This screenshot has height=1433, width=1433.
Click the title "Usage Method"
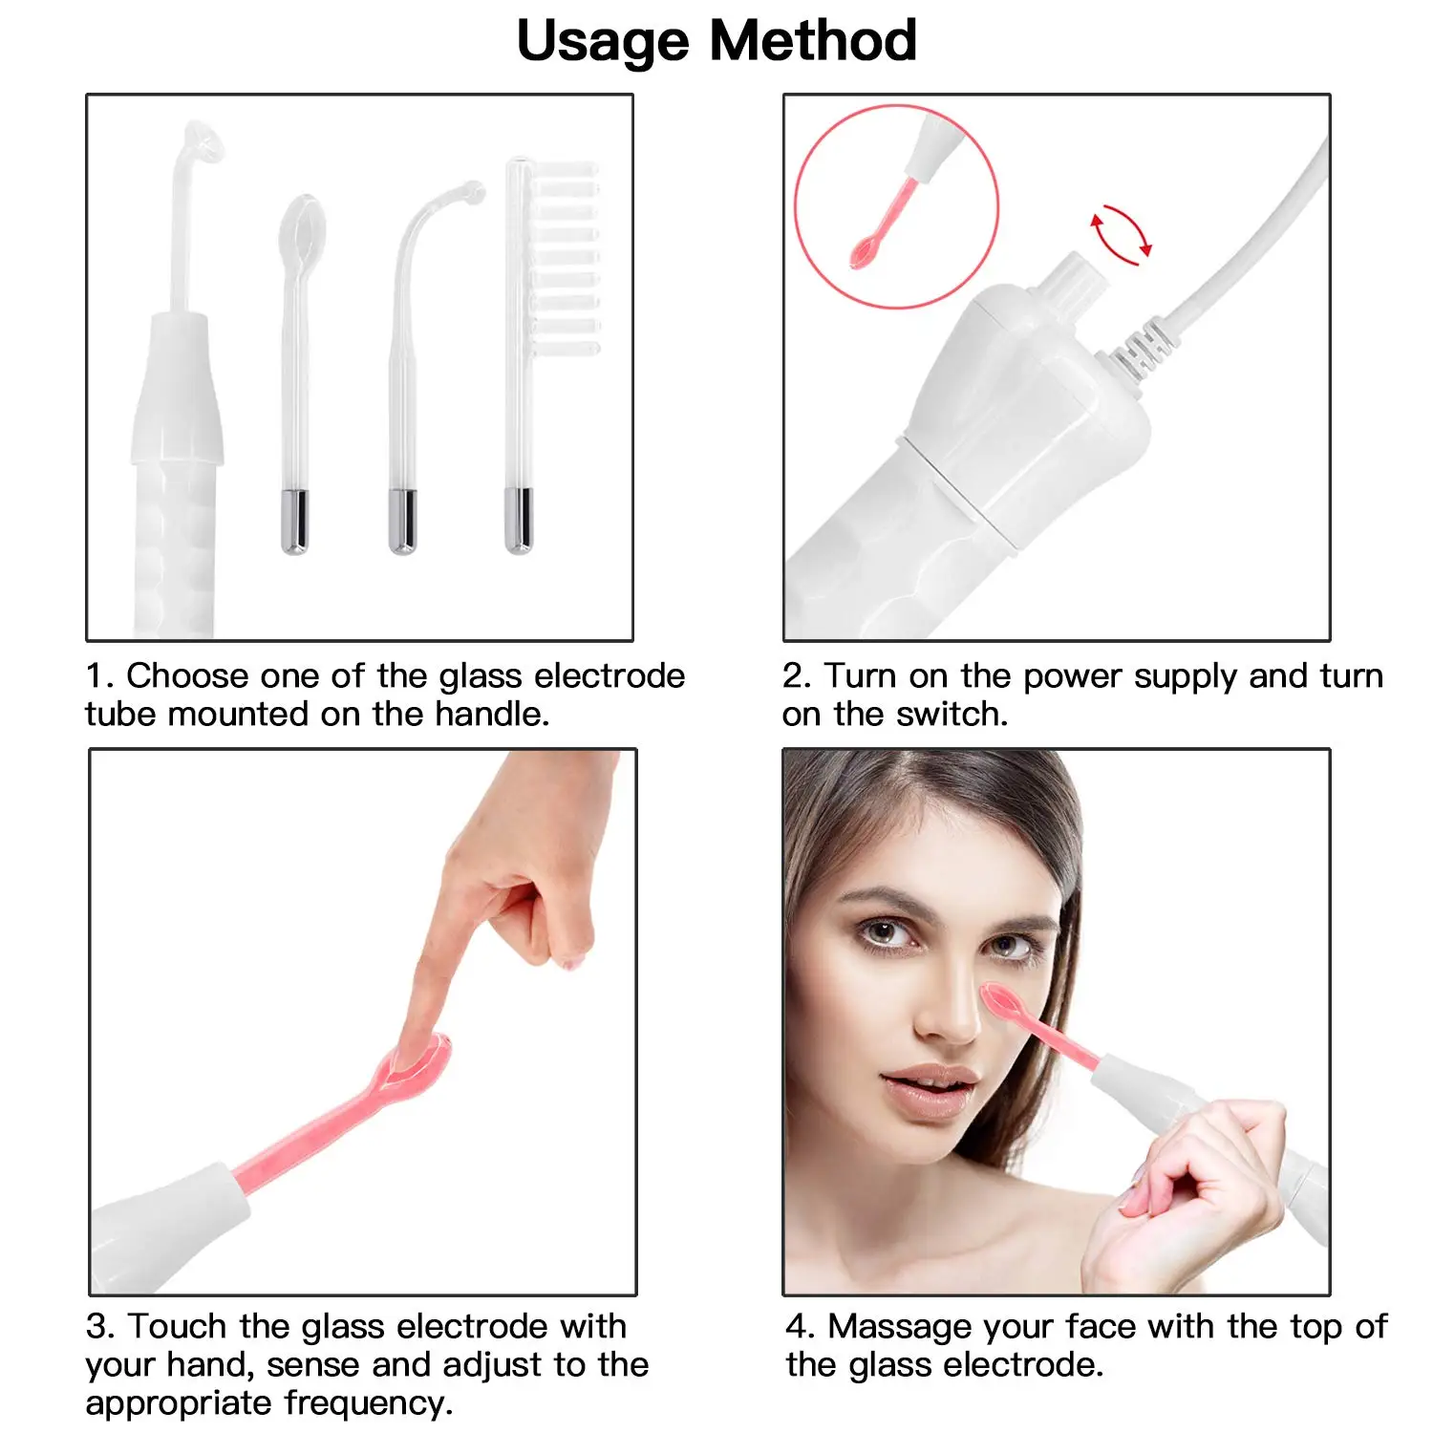[x=716, y=41]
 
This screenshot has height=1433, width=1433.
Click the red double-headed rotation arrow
[x=1122, y=235]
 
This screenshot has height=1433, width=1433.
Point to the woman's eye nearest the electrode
[x=1007, y=946]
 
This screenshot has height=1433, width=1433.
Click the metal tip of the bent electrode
[x=402, y=520]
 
